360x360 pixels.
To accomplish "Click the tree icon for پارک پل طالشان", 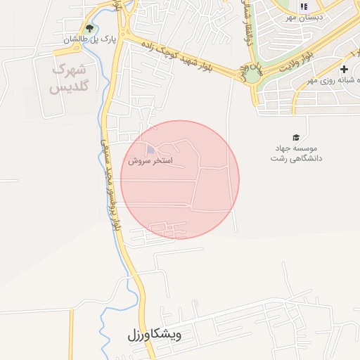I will pyautogui.click(x=88, y=28).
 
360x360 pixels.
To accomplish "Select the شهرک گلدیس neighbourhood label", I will pyautogui.click(x=67, y=78).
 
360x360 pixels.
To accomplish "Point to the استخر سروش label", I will pyautogui.click(x=150, y=160).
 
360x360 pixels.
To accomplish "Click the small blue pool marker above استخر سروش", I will pyautogui.click(x=150, y=149).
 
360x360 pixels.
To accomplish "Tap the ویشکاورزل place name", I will pyautogui.click(x=155, y=335).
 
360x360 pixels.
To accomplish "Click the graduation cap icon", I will pyautogui.click(x=295, y=137).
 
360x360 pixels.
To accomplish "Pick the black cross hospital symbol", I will pyautogui.click(x=344, y=69).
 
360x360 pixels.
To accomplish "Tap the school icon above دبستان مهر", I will pyautogui.click(x=304, y=6).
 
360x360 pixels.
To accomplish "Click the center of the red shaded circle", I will pyautogui.click(x=180, y=179).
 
